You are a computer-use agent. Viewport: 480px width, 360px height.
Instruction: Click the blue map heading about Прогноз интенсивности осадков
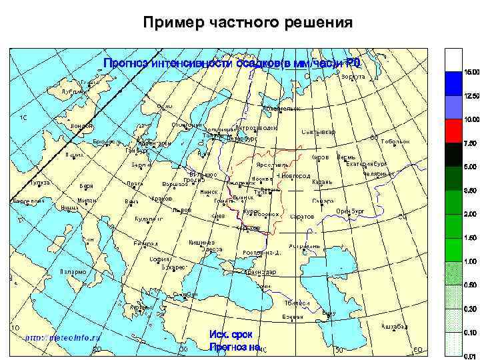tap(231, 64)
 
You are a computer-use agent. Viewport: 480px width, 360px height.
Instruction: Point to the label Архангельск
tap(282, 108)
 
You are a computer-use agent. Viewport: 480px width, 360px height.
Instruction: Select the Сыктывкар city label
tap(319, 131)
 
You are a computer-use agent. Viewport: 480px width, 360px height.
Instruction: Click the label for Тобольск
tap(395, 142)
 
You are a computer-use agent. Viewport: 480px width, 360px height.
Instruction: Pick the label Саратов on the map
tap(302, 216)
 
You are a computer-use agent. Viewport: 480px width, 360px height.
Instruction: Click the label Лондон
tap(81, 125)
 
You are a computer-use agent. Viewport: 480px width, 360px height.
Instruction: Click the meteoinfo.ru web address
tap(63, 338)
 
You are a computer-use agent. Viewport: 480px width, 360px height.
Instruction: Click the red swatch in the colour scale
tap(454, 131)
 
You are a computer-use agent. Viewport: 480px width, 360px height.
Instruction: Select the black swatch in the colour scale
tap(454, 154)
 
